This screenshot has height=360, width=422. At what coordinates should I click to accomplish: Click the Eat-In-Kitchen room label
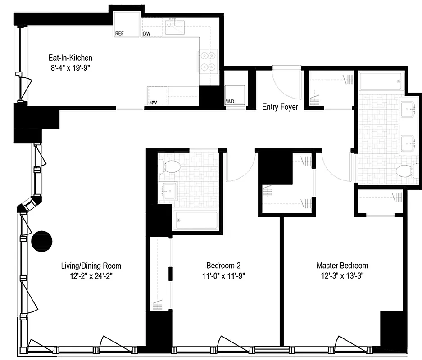(70, 58)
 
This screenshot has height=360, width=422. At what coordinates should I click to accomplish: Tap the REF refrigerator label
(119, 34)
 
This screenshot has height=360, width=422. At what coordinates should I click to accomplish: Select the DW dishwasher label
(146, 34)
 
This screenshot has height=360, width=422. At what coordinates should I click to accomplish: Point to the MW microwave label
(154, 103)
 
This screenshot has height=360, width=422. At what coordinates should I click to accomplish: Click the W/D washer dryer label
(230, 101)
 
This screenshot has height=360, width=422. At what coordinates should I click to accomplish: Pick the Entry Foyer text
(280, 107)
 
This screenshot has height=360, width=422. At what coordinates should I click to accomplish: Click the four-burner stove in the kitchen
(208, 62)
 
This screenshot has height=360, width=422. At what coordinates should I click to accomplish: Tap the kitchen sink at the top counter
(177, 27)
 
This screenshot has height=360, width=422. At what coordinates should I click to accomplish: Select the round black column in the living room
(42, 241)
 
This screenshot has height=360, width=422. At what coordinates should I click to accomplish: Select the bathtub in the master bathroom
(380, 81)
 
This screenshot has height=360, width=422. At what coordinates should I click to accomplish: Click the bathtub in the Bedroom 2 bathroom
(197, 220)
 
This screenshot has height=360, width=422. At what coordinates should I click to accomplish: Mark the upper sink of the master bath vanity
(408, 108)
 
